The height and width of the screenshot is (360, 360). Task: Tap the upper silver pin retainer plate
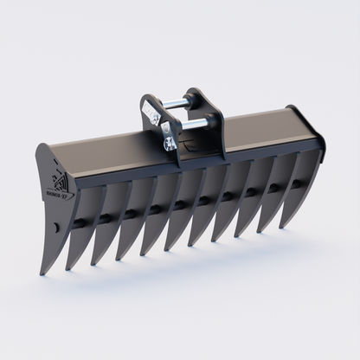(x=152, y=113)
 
